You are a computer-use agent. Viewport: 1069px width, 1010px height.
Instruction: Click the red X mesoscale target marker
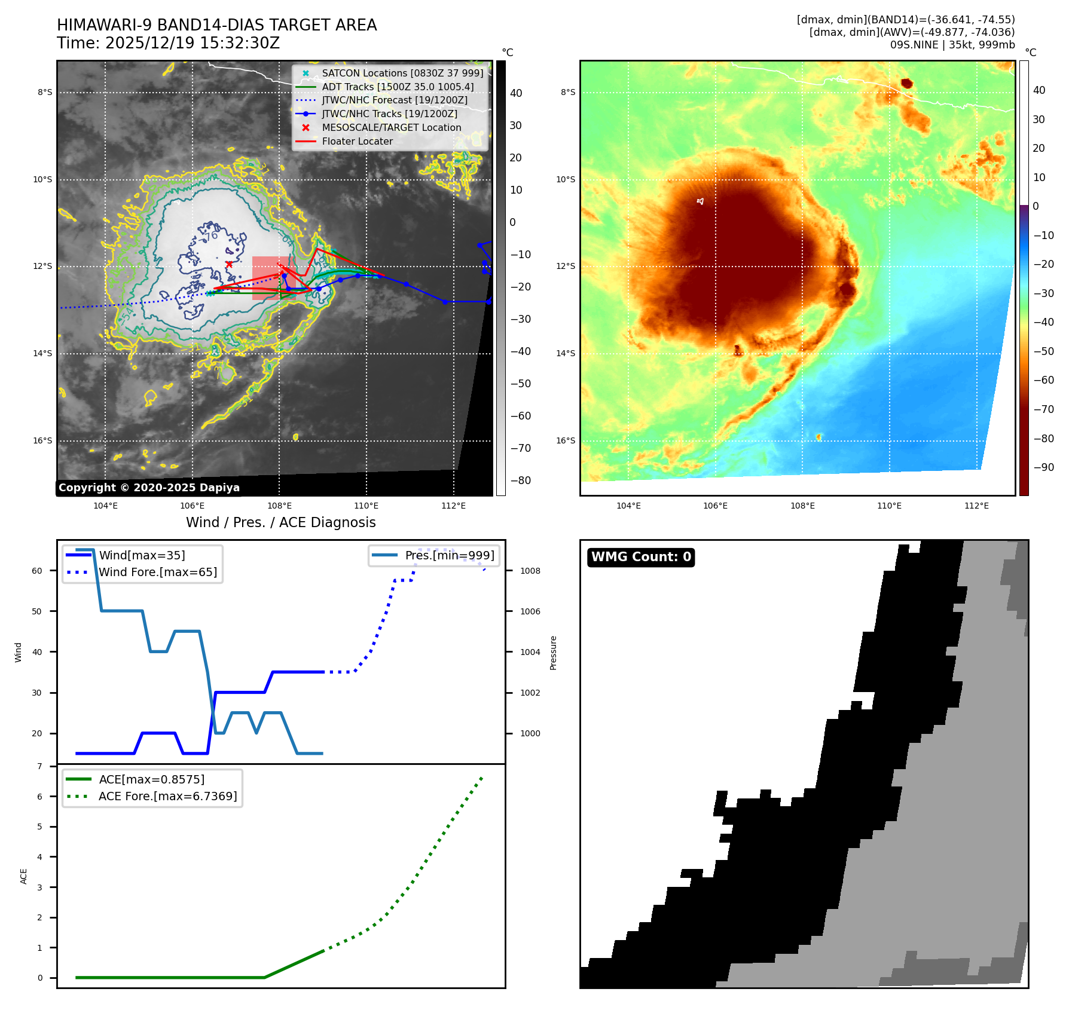tap(229, 264)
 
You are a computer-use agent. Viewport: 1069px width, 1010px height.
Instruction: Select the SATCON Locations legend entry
tap(402, 73)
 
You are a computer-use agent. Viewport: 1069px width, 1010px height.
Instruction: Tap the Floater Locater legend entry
tap(357, 141)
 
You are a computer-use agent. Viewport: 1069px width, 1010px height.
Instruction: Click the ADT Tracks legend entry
tap(398, 87)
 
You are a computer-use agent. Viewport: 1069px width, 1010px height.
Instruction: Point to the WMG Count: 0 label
tap(641, 557)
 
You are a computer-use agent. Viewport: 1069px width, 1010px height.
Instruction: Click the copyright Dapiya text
tap(149, 488)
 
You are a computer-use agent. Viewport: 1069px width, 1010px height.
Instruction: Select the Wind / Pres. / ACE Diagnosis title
tap(280, 522)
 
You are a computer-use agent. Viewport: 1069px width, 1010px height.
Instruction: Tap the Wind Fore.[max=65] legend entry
tap(158, 572)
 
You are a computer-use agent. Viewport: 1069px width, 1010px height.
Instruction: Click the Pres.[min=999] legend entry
tap(450, 555)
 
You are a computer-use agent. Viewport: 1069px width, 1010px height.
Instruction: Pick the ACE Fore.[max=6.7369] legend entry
tap(167, 796)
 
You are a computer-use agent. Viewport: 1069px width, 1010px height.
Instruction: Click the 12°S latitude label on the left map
tap(42, 267)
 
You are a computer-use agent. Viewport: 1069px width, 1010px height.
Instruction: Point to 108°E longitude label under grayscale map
tap(279, 506)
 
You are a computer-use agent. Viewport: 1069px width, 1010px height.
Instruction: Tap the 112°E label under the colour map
tap(976, 506)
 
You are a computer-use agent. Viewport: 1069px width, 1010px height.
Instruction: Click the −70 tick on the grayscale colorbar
tap(521, 448)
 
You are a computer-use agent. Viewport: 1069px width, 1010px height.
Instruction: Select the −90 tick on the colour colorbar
tap(1044, 467)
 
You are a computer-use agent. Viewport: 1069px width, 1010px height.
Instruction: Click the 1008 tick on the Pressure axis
tap(530, 571)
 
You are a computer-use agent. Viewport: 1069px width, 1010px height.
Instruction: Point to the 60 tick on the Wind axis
tap(37, 571)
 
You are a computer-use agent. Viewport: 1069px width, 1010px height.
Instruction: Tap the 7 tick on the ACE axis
tap(40, 766)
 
